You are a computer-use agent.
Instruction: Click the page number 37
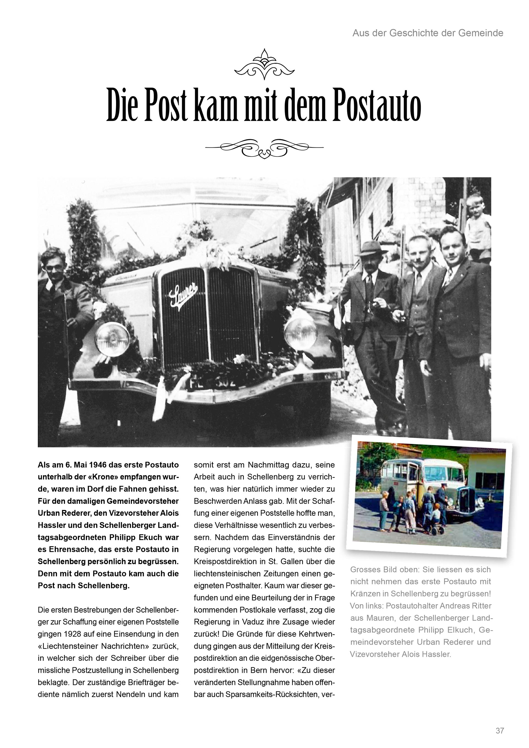tap(500, 730)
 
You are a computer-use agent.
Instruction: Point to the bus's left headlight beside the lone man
tap(113, 339)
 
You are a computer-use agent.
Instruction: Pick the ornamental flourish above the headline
tap(264, 64)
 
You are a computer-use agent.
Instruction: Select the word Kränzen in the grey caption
tap(366, 593)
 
